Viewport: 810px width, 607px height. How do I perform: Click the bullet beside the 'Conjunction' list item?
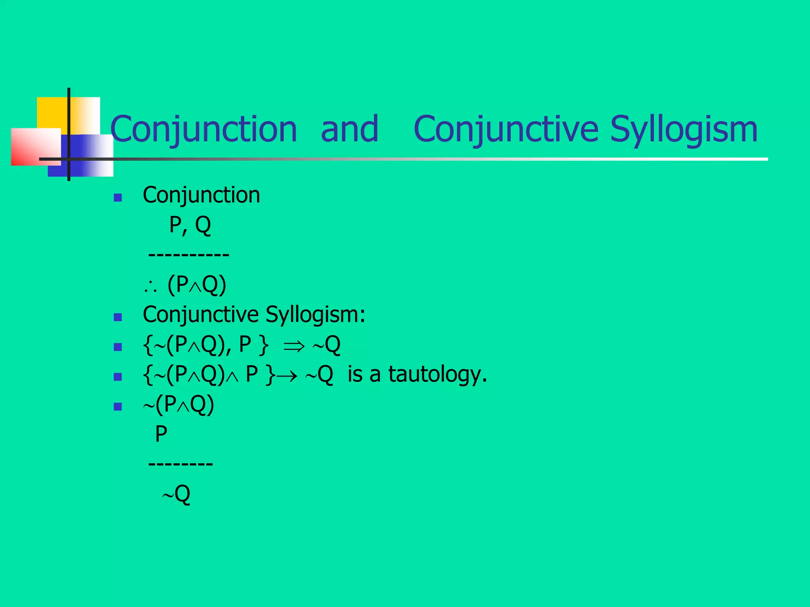[x=117, y=198]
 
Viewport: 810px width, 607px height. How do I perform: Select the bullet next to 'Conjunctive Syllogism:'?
[x=117, y=317]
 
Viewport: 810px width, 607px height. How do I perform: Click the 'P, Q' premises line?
[x=190, y=225]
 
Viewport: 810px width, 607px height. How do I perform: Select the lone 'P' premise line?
[x=161, y=434]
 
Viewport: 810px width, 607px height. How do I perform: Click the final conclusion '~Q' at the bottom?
[x=176, y=494]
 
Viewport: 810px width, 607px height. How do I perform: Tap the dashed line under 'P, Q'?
[x=189, y=254]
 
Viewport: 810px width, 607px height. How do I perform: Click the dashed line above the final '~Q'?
[x=180, y=463]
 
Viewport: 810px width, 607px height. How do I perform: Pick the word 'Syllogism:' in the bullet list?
[x=315, y=315]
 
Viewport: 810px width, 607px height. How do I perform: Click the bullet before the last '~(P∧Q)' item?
[x=117, y=407]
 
